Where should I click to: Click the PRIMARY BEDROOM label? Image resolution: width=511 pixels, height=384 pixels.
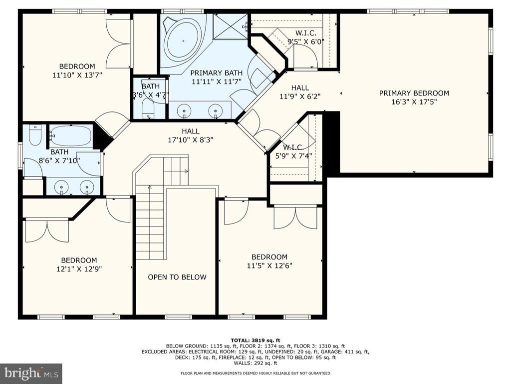click(x=414, y=93)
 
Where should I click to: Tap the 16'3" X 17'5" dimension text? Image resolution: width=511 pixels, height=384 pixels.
click(x=414, y=102)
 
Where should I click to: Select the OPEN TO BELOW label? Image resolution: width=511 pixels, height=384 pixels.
click(x=177, y=277)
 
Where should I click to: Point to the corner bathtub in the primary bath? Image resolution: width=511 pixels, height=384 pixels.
click(x=183, y=41)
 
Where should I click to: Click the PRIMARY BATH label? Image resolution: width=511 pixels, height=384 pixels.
click(x=217, y=73)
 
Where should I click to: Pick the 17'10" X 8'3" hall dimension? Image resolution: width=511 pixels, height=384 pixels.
click(x=191, y=140)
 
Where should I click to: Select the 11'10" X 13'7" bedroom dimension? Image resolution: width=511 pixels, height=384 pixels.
click(x=77, y=75)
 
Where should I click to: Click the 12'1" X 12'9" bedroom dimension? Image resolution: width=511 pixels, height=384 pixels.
click(x=79, y=269)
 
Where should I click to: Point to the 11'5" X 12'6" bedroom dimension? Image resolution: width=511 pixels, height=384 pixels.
click(x=269, y=265)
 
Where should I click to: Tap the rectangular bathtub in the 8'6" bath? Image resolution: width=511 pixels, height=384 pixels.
click(x=71, y=135)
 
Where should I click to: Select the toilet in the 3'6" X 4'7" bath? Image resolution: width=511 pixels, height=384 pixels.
click(x=148, y=108)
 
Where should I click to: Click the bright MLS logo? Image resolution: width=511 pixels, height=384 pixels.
click(x=31, y=373)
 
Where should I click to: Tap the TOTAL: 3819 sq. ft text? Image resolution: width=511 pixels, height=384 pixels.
click(x=255, y=340)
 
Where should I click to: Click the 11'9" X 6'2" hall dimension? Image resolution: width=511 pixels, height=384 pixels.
click(x=300, y=96)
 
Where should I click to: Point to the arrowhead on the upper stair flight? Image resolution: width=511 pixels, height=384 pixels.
click(x=187, y=171)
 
